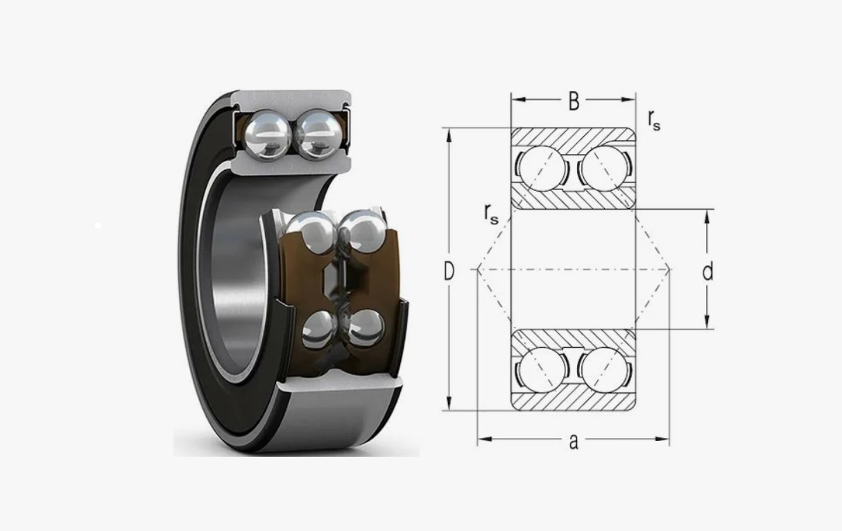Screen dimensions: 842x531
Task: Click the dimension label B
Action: click(x=574, y=101)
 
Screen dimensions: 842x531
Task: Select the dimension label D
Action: click(x=449, y=271)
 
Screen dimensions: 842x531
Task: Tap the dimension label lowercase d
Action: click(x=707, y=271)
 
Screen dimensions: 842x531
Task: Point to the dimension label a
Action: click(x=573, y=442)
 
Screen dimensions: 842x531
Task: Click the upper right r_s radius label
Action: click(x=654, y=120)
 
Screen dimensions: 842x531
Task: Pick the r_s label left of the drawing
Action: click(x=491, y=214)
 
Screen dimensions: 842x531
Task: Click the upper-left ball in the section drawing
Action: click(x=542, y=169)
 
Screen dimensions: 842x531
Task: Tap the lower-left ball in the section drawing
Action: click(x=542, y=370)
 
